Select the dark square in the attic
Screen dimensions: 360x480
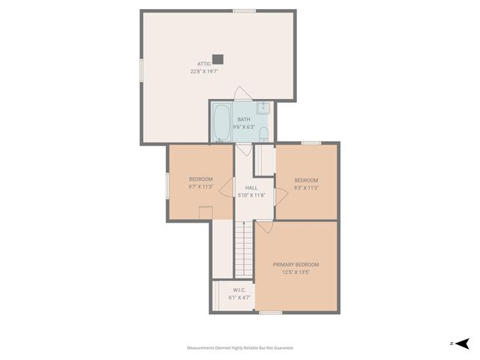point(217,58)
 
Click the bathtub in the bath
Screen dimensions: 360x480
point(221,122)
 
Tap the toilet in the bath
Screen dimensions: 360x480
point(263,134)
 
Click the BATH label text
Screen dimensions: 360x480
point(244,119)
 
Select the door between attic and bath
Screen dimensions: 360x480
point(242,94)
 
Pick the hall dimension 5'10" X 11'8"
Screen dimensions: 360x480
point(251,195)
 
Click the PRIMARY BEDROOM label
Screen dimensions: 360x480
point(295,264)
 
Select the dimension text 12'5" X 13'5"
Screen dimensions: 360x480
point(296,272)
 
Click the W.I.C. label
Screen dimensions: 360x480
point(239,289)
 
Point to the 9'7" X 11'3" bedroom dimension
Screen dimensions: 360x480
point(200,187)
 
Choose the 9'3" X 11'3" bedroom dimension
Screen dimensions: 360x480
point(306,188)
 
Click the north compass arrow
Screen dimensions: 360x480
point(463,343)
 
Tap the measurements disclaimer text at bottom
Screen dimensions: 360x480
point(240,348)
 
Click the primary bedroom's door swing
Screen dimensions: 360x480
point(264,226)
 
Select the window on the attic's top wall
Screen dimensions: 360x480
point(244,10)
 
